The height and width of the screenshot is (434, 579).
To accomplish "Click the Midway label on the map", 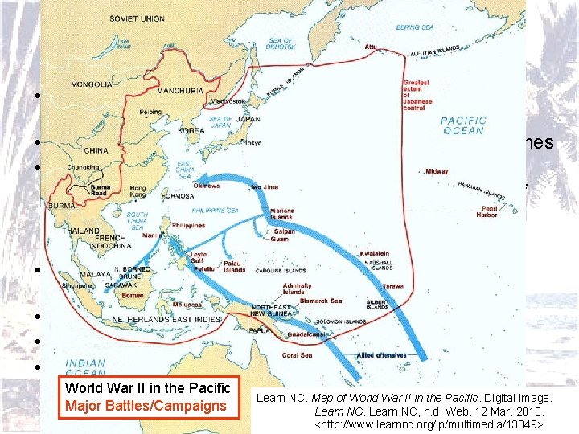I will [x=437, y=171].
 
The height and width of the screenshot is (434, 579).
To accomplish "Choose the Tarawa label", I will [x=393, y=285].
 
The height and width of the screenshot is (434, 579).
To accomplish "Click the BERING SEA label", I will [x=415, y=27].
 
